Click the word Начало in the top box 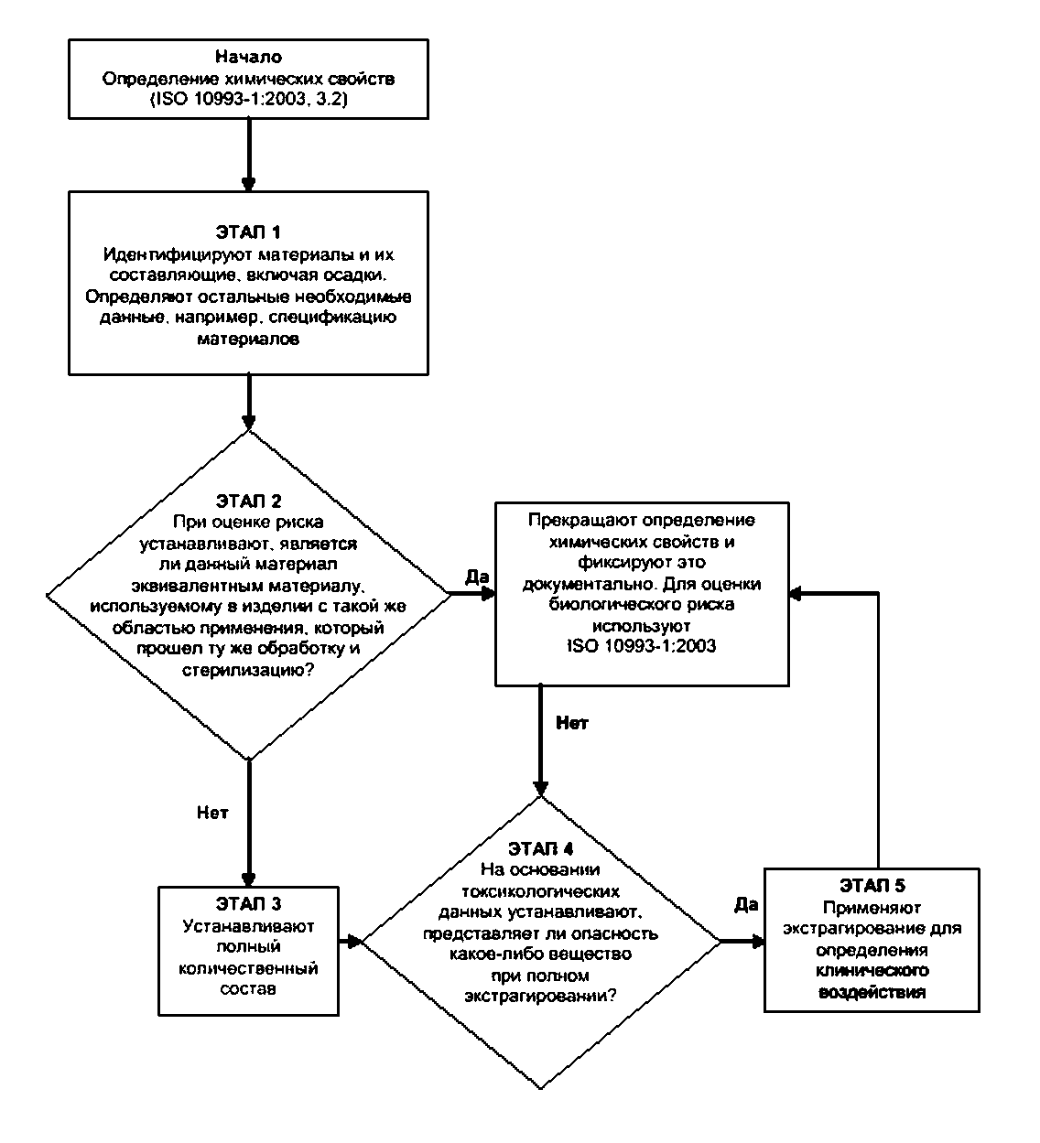click(249, 57)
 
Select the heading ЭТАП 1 click(248, 232)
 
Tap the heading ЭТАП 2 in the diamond click(249, 501)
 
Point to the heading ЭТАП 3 click(249, 904)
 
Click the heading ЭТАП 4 click(540, 849)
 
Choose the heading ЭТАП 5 click(872, 886)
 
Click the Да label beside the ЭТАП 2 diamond click(477, 577)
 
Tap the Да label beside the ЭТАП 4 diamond click(746, 904)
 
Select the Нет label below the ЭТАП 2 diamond click(212, 813)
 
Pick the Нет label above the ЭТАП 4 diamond click(572, 723)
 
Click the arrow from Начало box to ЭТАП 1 click(249, 155)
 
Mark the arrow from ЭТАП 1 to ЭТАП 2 click(249, 403)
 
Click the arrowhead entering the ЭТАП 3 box click(249, 879)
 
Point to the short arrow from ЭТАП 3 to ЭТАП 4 click(351, 942)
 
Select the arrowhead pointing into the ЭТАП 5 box click(758, 942)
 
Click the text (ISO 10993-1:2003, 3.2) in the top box click(249, 99)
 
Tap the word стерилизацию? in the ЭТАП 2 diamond click(248, 670)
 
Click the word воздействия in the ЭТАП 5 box click(872, 993)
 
